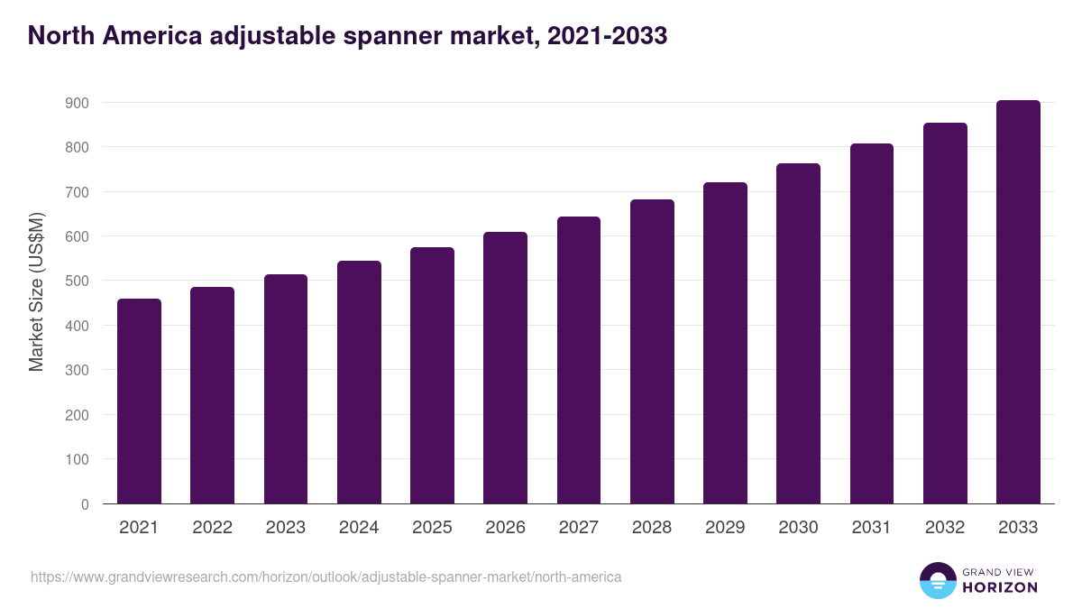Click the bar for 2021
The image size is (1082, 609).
coord(139,401)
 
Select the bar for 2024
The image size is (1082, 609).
coord(359,383)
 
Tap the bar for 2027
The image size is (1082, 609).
coord(579,360)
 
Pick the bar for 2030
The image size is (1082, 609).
coord(798,334)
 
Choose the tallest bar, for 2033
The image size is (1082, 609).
coord(1018,302)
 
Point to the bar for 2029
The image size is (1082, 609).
coord(725,343)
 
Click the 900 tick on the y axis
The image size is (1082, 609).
coord(78,103)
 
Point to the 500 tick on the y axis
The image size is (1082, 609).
coord(78,281)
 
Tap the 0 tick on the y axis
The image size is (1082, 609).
coord(85,504)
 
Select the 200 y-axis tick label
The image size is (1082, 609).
coord(78,415)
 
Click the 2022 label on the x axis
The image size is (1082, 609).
coord(212,528)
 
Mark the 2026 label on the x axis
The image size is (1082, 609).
coord(505,528)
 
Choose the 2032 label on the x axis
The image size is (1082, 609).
coord(945,528)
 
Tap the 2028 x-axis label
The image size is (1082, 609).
coord(652,528)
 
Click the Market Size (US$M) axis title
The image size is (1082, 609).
coord(36,292)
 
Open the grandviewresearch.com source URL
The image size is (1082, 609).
coord(326,577)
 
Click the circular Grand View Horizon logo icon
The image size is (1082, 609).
coord(937,580)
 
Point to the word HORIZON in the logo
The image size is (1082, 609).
coord(999,587)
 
